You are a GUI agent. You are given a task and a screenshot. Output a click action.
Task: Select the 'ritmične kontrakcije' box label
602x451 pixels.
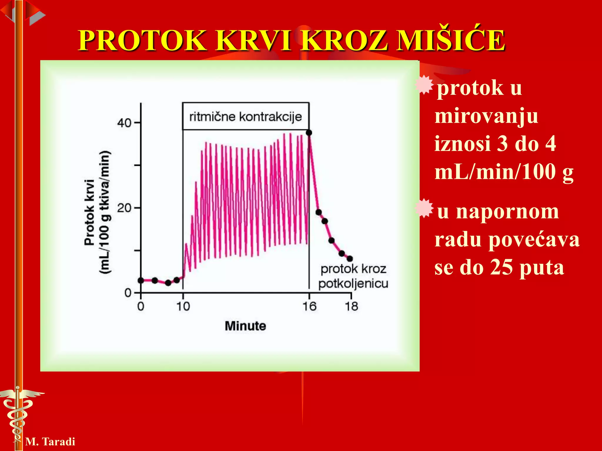(245, 117)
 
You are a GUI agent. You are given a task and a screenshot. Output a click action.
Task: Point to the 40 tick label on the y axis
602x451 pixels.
(124, 123)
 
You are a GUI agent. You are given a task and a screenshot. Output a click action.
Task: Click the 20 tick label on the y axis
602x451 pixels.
(124, 208)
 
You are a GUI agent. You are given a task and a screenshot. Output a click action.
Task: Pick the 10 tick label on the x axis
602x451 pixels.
(183, 307)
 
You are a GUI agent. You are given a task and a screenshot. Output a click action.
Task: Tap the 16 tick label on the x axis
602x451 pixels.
(309, 307)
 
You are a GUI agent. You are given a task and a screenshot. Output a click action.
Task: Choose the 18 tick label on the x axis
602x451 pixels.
(351, 307)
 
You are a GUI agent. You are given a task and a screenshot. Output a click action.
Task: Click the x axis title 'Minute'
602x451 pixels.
(245, 326)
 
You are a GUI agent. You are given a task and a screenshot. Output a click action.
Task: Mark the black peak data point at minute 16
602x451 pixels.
(309, 133)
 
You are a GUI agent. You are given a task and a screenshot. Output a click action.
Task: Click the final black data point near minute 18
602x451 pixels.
(350, 259)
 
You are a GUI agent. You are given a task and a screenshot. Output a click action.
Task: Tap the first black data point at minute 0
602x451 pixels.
(141, 280)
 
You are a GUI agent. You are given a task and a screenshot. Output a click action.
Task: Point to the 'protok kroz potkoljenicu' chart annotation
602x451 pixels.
(353, 276)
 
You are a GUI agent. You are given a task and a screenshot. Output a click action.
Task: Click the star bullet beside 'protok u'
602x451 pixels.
(424, 85)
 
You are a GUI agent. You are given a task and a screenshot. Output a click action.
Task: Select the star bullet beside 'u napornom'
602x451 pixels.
(424, 208)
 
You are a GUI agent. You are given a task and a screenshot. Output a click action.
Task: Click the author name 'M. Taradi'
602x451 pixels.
(50, 442)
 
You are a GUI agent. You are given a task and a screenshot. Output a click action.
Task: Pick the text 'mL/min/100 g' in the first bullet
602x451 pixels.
(504, 172)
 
